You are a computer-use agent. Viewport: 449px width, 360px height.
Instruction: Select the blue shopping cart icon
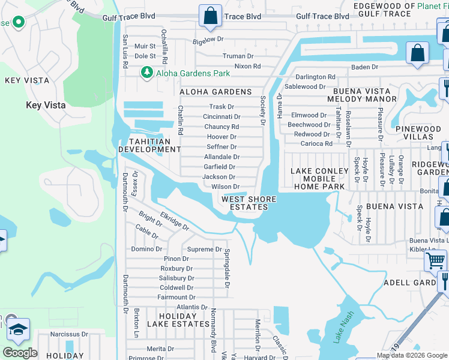pos(436,261)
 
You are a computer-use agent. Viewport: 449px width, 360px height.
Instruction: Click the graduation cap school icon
pos(18,329)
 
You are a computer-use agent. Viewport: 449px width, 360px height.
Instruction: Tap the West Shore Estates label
pos(249,203)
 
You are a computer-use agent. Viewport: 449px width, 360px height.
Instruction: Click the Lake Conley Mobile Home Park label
pos(319,179)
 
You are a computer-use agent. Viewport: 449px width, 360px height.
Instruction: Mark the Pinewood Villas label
pos(418,133)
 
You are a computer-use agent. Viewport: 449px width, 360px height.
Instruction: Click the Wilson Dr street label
pos(225,187)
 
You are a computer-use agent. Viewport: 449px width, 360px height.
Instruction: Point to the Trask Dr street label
pos(221,107)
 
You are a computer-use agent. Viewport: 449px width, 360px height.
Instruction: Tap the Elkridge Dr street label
pos(174,224)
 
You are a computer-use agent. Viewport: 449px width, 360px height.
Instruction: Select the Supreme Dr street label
pos(204,249)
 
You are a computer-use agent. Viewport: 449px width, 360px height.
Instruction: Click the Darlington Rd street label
pos(315,77)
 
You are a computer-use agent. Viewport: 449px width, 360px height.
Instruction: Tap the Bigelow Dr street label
pos(208,38)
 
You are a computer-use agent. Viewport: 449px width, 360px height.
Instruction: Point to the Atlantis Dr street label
pos(192,307)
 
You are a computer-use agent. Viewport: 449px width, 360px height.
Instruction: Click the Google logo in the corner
pos(20,353)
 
